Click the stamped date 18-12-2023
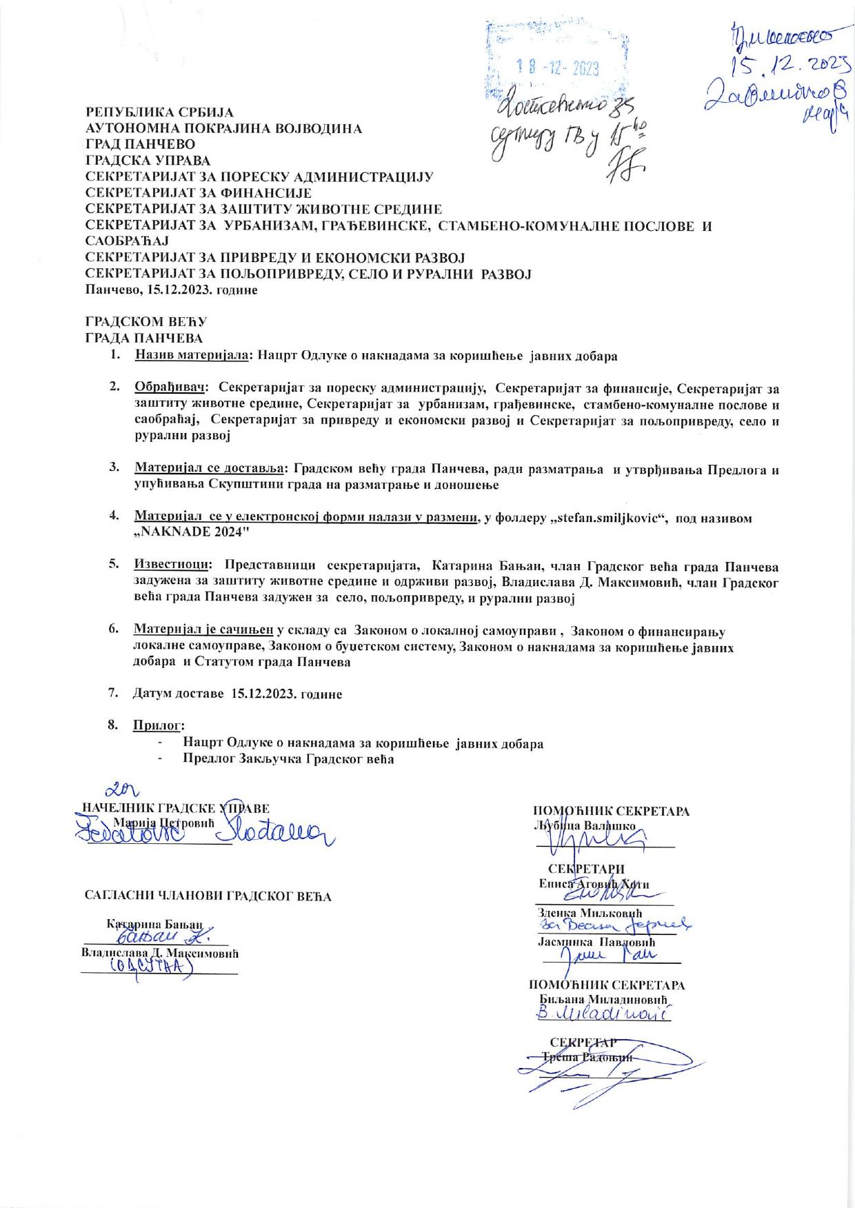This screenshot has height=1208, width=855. (558, 68)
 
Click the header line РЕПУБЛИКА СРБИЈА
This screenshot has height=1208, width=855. (159, 112)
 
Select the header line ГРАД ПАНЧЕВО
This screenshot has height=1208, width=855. (140, 144)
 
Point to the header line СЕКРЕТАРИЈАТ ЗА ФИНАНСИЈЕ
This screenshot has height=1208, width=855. (198, 192)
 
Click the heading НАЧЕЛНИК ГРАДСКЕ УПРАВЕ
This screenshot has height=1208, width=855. (176, 808)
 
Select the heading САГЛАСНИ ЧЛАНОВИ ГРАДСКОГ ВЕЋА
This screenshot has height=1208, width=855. (208, 896)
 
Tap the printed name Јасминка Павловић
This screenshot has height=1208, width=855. (596, 941)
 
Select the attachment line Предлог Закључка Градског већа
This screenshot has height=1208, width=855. (288, 759)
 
